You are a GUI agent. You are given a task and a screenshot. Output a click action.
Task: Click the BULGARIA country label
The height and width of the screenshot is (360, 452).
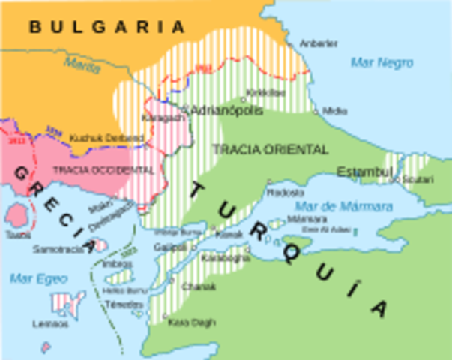pos(106,27)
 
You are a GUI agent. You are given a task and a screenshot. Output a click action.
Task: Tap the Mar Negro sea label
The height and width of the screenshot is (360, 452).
pos(382,62)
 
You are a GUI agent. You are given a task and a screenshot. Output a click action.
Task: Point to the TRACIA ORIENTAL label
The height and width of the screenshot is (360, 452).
pos(270,149)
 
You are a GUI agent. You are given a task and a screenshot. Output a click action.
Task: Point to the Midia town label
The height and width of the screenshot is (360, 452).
pos(335,111)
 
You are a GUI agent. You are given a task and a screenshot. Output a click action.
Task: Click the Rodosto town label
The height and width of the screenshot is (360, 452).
pos(286,192)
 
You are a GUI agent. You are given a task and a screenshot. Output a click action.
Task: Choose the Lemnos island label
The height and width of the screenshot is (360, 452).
pos(50,324)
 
